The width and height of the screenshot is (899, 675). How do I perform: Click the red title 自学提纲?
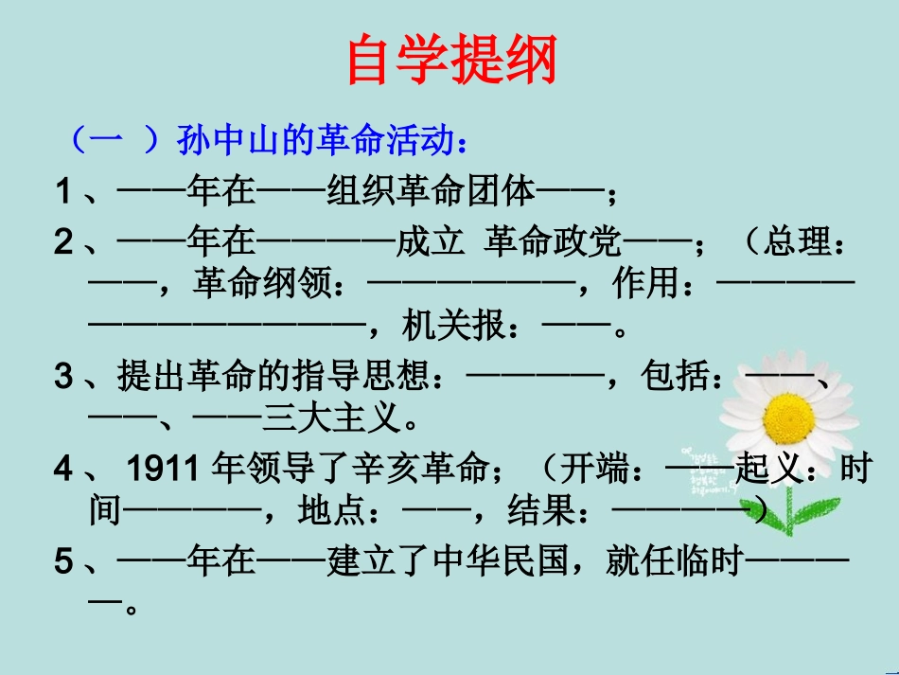[452, 59]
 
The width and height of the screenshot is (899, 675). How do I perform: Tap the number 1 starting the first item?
[63, 191]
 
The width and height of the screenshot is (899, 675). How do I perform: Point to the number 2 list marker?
[63, 241]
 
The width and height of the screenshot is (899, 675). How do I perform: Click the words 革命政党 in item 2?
[553, 240]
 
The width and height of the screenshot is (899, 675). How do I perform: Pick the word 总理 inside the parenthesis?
[797, 240]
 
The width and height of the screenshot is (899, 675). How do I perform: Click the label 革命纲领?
[262, 283]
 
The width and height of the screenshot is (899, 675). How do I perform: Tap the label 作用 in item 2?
[645, 283]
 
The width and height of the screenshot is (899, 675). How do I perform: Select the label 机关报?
[453, 325]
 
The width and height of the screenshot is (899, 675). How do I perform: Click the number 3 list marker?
[63, 376]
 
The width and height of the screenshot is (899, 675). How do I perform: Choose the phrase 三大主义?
[331, 417]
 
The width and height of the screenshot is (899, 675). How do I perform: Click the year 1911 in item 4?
[162, 468]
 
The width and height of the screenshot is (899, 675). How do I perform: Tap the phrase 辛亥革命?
[420, 468]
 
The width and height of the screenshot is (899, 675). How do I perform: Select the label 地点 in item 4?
[332, 510]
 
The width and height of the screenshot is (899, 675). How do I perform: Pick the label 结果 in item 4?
[542, 510]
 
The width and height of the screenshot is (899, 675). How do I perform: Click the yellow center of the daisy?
[789, 418]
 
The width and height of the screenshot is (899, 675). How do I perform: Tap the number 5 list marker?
[63, 560]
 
